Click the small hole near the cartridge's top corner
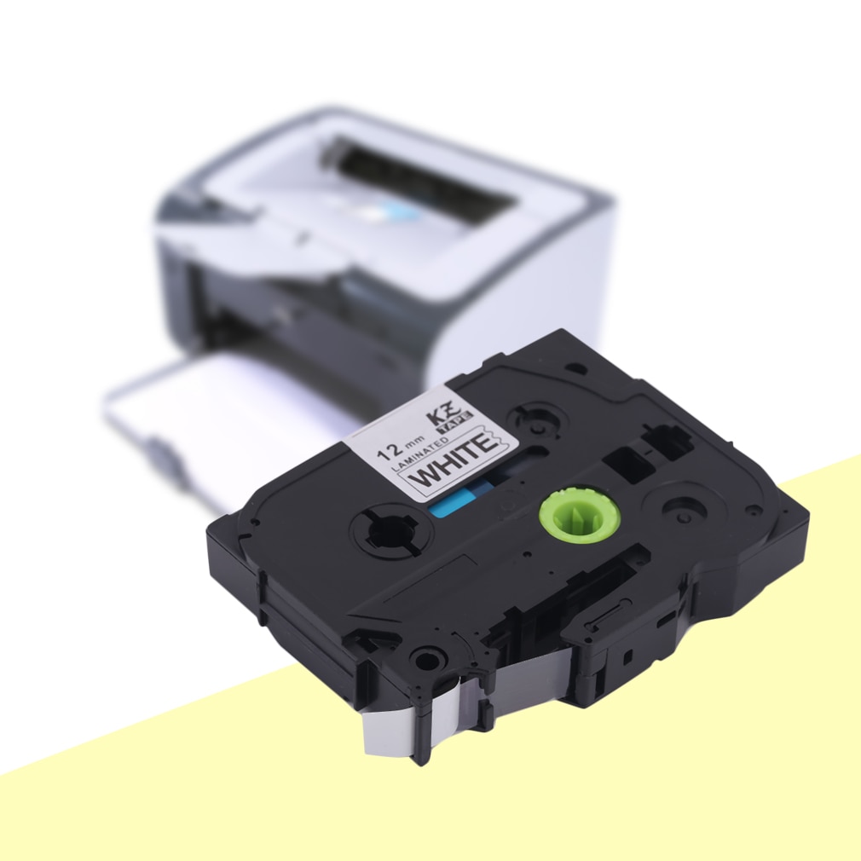(577, 368)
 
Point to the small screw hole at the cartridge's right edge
(753, 511)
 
